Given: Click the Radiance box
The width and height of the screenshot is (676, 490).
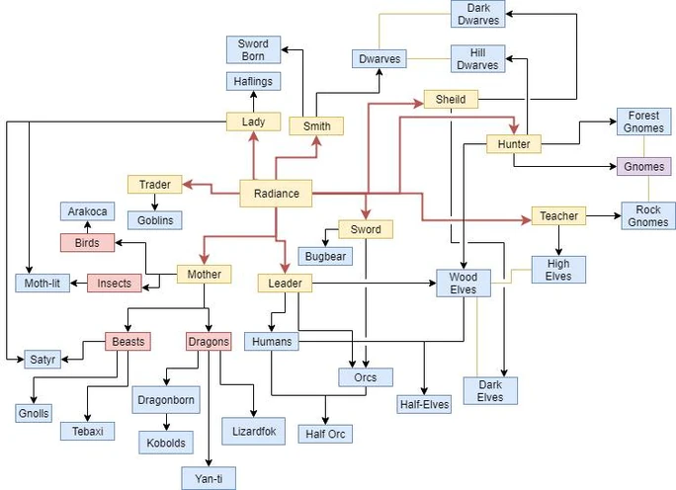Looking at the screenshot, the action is point(276,194).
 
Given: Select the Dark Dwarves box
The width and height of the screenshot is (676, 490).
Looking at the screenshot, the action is point(478,14).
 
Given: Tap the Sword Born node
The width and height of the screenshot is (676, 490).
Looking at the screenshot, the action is point(253,50).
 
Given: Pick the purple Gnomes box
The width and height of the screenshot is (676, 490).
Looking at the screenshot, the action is point(644,166).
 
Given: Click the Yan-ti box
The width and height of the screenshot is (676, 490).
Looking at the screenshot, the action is point(209,478).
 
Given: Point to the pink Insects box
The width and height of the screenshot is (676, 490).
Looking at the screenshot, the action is point(115,284).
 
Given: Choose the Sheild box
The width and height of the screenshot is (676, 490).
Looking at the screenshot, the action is point(451,99).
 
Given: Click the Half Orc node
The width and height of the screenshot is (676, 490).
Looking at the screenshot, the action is point(325,434).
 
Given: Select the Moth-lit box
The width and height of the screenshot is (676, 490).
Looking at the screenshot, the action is point(42,284).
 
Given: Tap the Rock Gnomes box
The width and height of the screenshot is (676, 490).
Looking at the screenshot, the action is point(648,216).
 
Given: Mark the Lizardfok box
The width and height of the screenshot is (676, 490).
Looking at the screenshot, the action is point(253,431).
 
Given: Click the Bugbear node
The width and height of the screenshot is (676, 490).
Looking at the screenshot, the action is point(325,256).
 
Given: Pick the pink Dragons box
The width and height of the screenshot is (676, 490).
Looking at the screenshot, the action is point(209,341).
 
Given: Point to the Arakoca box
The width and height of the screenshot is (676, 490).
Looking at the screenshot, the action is point(88,211).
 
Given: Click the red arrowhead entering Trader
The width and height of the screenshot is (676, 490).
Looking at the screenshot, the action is point(188,185).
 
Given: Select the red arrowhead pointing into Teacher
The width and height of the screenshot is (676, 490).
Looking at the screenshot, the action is point(526,220).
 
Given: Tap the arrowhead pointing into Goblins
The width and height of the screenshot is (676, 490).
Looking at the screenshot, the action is point(155,207).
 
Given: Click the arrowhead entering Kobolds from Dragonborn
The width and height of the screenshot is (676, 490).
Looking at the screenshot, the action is point(166,427).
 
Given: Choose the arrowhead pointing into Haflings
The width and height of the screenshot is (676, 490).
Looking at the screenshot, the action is point(253,95).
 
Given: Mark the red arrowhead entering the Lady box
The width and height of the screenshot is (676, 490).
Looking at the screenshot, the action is point(253,136).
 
